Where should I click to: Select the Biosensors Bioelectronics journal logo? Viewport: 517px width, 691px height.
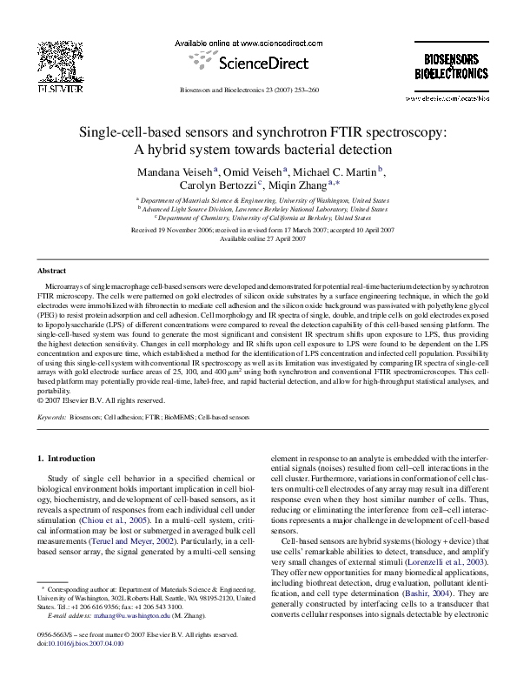coord(448,67)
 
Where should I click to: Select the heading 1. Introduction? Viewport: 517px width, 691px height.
coord(70,458)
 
